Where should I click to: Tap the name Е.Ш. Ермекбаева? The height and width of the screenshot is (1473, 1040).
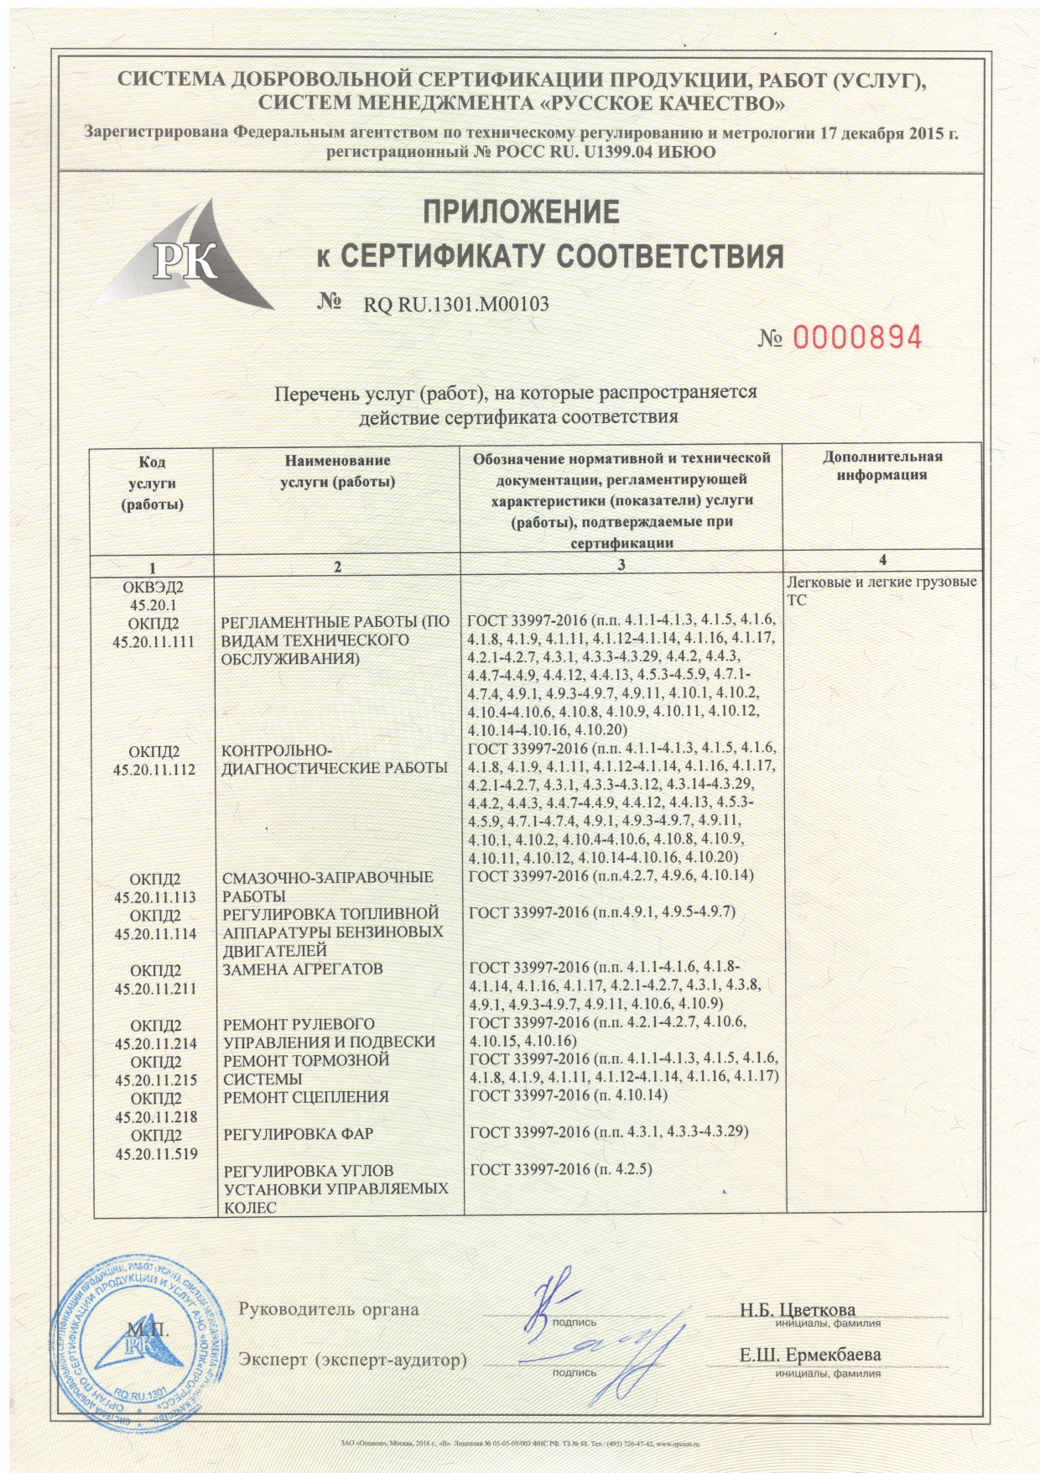(x=809, y=1355)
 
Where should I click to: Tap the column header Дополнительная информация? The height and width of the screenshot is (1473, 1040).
(x=881, y=466)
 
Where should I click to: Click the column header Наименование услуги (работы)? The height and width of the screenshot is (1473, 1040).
(x=337, y=471)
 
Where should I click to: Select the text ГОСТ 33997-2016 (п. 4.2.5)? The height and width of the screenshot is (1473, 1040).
(x=560, y=1170)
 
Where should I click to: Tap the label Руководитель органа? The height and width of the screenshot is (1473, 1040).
(x=329, y=1308)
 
